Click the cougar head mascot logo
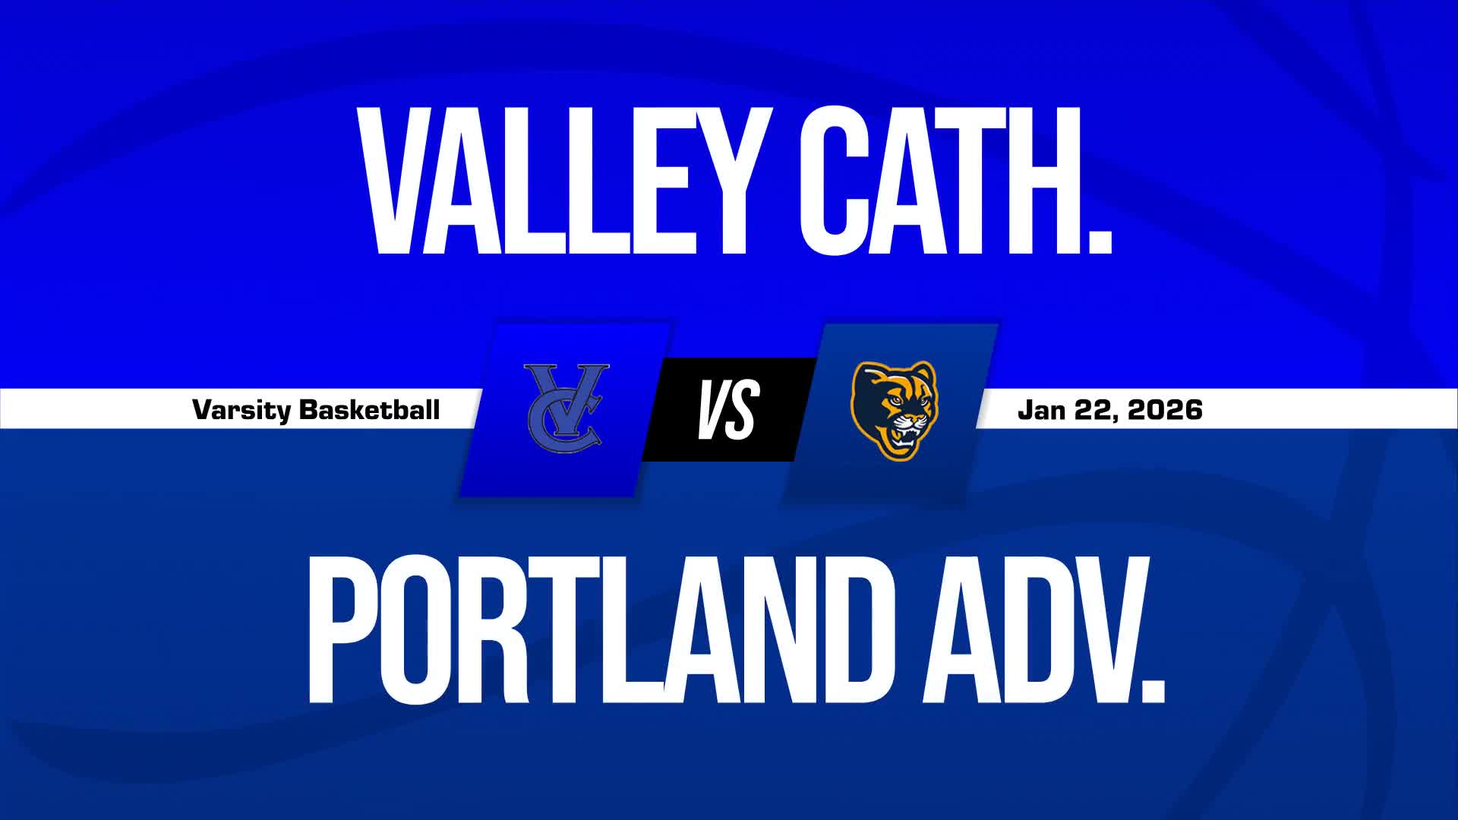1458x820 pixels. (x=894, y=410)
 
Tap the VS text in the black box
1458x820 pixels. (x=728, y=410)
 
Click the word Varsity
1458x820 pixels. (x=241, y=410)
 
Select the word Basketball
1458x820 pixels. (x=370, y=410)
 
